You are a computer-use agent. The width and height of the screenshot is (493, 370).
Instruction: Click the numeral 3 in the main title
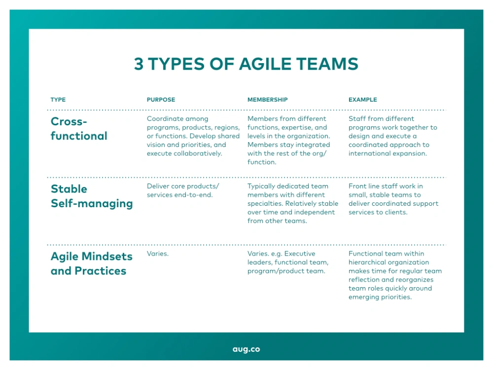pos(139,64)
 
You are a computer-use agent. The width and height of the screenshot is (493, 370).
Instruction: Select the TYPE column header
pos(58,100)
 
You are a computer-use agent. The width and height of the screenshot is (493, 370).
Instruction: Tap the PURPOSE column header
pos(161,100)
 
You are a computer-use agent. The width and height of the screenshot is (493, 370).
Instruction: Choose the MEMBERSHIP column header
pos(268,100)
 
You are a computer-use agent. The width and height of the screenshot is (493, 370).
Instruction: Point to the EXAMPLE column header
pos(362,100)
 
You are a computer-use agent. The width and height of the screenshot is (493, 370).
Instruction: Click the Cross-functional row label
pos(79,128)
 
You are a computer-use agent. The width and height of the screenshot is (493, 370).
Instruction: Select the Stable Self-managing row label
pos(92,196)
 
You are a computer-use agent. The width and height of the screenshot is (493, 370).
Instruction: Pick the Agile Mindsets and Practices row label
pos(92,263)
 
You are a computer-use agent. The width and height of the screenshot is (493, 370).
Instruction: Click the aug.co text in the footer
pos(246,349)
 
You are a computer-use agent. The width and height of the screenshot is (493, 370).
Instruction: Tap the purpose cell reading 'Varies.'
pos(158,254)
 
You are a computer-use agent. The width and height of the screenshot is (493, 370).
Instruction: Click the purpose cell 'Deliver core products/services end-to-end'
pos(183,190)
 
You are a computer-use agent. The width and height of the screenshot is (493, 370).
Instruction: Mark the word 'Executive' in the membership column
pos(300,254)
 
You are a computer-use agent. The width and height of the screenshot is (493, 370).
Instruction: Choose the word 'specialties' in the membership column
pos(265,203)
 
